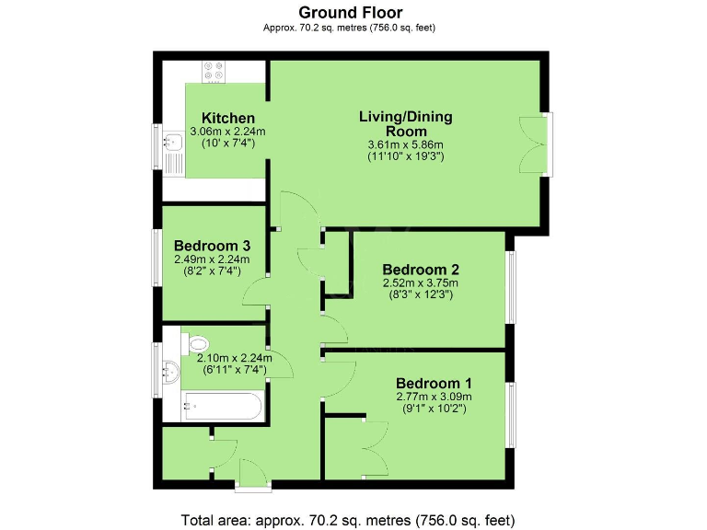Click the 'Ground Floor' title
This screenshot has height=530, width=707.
349,13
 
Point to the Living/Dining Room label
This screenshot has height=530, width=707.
406,123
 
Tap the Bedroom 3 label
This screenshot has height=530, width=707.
213,246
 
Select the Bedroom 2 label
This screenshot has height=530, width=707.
421,270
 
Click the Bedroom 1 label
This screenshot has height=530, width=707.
434,383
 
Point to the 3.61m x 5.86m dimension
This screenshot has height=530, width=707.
406,144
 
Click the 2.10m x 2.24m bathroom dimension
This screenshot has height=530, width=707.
230,358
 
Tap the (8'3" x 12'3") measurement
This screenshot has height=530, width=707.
421,294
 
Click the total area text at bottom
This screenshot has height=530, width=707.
349,519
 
